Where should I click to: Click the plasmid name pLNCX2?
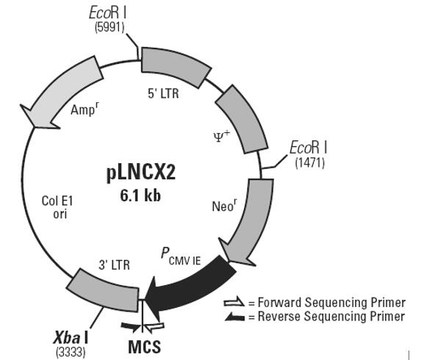coord(141,173)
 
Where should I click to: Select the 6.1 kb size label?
coord(140,195)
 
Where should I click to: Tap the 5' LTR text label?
coord(163,93)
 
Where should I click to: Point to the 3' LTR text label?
coord(115,265)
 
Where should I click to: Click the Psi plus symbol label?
coord(222,136)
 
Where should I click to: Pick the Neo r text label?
coord(225,206)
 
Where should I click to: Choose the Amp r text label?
coord(85,109)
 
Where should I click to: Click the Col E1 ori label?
coord(57,207)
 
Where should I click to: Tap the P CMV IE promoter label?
coord(181,256)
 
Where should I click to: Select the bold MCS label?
coord(144,347)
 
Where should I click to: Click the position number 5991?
coord(109,27)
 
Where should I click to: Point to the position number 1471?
coord(310,162)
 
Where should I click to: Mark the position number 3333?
coord(71,352)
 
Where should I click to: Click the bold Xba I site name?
coord(71,338)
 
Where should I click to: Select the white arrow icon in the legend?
coord(234,301)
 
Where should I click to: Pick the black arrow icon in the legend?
coord(234,317)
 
